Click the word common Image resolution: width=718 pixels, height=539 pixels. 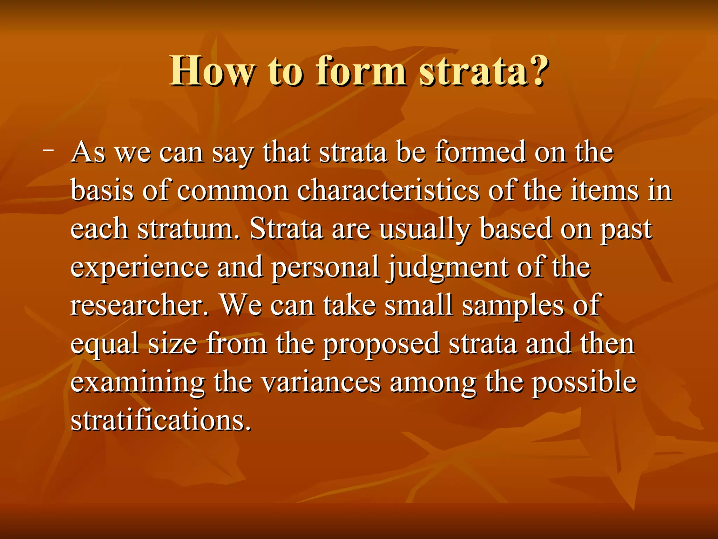(232, 191)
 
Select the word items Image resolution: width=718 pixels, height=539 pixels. (604, 191)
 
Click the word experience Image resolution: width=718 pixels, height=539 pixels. (140, 268)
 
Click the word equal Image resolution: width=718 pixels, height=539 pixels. (105, 345)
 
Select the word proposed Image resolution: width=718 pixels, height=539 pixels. (381, 345)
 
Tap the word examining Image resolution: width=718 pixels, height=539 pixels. (137, 383)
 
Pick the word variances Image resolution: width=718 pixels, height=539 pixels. (321, 382)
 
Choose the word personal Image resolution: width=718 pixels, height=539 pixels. (325, 268)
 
